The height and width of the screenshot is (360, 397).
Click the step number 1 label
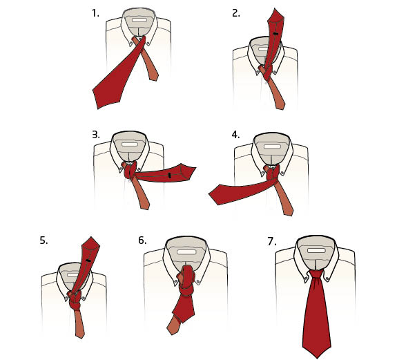[95, 13]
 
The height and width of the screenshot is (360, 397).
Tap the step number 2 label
[235, 13]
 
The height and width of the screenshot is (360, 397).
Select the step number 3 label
[96, 135]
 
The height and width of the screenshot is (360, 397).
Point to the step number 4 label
[235, 135]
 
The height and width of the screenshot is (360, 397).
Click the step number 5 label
[43, 240]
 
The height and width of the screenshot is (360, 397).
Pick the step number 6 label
[142, 240]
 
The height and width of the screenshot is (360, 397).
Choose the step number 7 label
[271, 242]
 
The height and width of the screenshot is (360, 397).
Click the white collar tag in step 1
[139, 20]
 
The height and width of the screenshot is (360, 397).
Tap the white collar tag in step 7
[316, 251]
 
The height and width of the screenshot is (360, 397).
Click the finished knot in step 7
[316, 276]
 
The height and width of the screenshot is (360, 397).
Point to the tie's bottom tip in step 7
[317, 358]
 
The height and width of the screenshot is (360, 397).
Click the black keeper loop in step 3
[170, 175]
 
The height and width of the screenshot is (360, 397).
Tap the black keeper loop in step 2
[275, 33]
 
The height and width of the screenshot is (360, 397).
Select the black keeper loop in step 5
[88, 260]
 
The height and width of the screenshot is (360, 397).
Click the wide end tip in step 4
[209, 194]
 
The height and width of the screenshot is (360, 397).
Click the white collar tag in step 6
[186, 252]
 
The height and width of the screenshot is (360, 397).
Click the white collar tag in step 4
[272, 146]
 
